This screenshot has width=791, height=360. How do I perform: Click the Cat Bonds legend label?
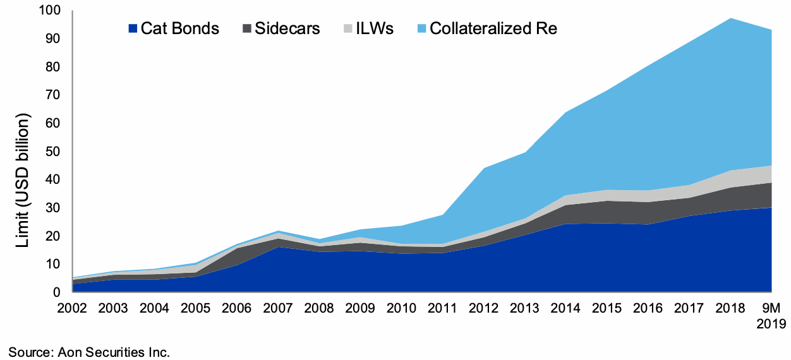pyautogui.click(x=180, y=28)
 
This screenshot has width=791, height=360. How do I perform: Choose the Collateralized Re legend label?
pyautogui.click(x=493, y=28)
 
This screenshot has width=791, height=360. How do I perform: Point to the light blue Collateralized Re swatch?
pyautogui.click(x=422, y=28)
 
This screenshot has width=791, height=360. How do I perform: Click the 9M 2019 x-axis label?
pyautogui.click(x=771, y=316)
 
